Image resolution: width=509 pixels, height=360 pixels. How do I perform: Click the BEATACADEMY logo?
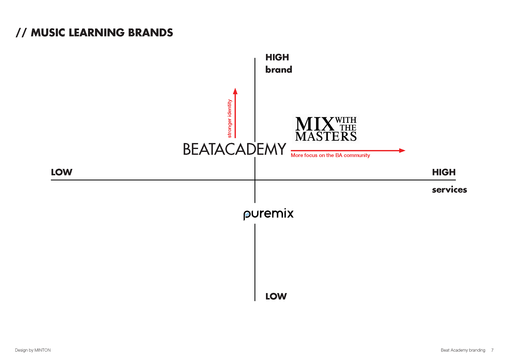[235, 149]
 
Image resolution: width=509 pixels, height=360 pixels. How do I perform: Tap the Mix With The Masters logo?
[328, 129]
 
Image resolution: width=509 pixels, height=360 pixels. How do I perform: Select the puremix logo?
[272, 213]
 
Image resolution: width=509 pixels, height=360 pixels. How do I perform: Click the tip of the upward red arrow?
[235, 89]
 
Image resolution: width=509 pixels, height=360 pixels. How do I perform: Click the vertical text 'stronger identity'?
[230, 118]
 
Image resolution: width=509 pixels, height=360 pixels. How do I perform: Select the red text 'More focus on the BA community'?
[330, 155]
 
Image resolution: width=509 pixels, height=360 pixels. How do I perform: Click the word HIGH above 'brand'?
[277, 57]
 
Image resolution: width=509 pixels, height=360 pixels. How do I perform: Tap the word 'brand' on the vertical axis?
[279, 70]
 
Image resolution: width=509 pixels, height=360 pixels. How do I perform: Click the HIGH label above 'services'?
[444, 172]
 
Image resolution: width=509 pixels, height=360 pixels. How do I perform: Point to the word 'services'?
[449, 190]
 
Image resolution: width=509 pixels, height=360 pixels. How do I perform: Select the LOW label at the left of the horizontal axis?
[62, 172]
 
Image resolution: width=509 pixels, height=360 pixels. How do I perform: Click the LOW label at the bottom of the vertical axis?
[276, 296]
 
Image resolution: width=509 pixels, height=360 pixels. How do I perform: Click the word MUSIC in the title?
[48, 33]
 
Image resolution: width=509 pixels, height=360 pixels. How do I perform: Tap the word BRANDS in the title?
[151, 33]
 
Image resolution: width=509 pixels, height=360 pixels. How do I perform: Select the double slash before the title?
[21, 33]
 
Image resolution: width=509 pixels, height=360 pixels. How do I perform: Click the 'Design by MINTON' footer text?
[33, 350]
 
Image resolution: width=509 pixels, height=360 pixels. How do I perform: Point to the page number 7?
[492, 350]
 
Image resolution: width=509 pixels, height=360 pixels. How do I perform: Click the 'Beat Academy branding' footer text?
[463, 350]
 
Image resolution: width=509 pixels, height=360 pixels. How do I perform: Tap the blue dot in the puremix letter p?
[247, 214]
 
